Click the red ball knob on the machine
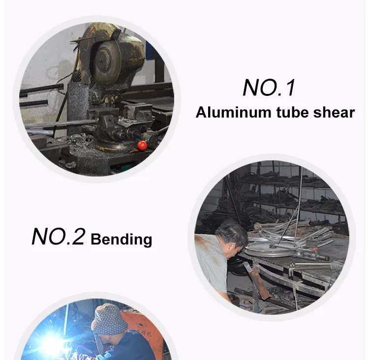pyautogui.click(x=142, y=146)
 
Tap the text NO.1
pyautogui.click(x=269, y=88)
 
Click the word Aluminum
pyautogui.click(x=233, y=112)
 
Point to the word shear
pyautogui.click(x=334, y=112)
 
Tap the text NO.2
pyautogui.click(x=58, y=237)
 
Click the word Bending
pyautogui.click(x=121, y=240)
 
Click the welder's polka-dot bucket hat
pyautogui.click(x=109, y=319)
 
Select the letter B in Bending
pyautogui.click(x=95, y=239)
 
